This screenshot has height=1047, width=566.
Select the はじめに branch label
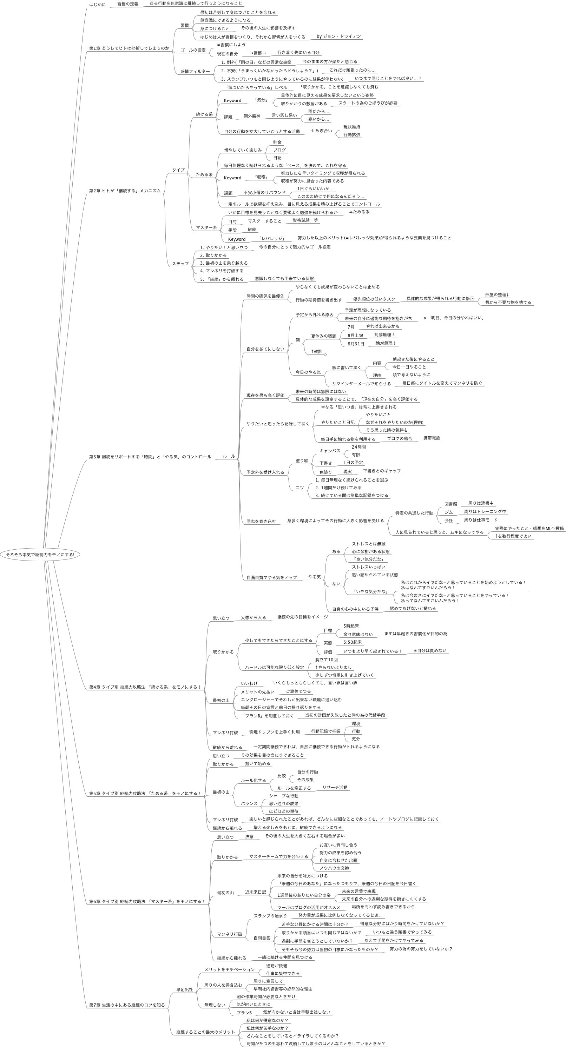[x=97, y=5]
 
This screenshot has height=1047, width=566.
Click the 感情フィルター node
[x=195, y=72]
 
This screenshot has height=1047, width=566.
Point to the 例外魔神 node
[x=252, y=116]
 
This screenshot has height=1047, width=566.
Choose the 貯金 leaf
[x=277, y=143]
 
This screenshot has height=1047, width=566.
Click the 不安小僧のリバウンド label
[x=264, y=193]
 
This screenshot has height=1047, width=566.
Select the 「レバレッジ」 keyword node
[x=271, y=239]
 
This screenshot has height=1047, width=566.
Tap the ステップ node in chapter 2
[x=180, y=264]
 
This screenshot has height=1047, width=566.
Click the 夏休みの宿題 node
[x=324, y=336]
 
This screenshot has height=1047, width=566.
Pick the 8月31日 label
[x=356, y=344]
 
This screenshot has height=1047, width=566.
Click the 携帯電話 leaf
[x=432, y=438]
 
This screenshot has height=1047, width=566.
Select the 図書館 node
[x=450, y=504]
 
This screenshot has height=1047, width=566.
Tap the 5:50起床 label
[x=353, y=642]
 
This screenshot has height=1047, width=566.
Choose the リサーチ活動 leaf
[x=335, y=787]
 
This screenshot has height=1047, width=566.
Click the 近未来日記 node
[x=255, y=892]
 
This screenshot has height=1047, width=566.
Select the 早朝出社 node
[x=184, y=990]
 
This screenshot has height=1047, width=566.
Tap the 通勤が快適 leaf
[x=276, y=966]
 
